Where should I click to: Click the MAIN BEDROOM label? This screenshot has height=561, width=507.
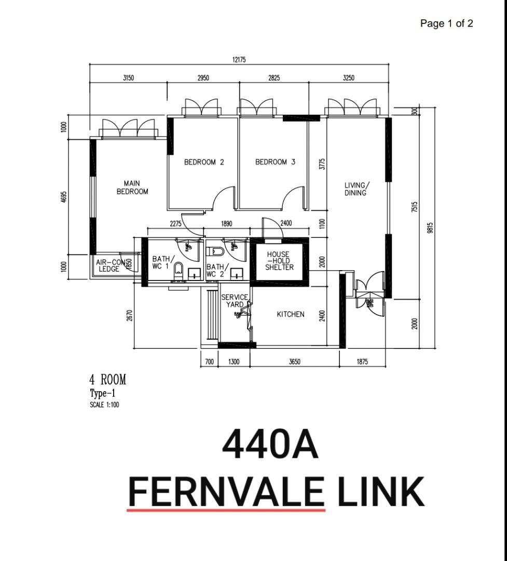(x=132, y=188)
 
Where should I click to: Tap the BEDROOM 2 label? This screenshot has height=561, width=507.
(x=204, y=162)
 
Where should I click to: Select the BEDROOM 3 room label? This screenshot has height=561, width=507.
(x=275, y=162)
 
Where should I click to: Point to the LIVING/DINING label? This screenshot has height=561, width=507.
(x=357, y=189)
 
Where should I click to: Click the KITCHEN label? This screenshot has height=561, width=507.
(x=290, y=314)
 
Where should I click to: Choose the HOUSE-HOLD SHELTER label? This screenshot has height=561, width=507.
(x=279, y=261)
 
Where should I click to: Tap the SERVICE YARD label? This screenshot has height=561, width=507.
(x=235, y=301)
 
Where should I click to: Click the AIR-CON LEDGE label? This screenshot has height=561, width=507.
(x=109, y=265)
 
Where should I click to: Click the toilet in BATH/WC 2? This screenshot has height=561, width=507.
(x=216, y=252)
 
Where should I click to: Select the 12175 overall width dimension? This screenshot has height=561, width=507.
(x=239, y=60)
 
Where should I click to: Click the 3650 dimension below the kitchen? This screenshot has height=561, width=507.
(x=295, y=362)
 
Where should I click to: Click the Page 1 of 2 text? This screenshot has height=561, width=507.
(x=446, y=23)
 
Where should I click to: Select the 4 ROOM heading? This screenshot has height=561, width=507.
(x=108, y=380)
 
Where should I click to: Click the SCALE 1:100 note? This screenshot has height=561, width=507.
(x=104, y=405)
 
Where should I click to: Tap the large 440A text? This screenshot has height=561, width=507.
(x=270, y=445)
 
